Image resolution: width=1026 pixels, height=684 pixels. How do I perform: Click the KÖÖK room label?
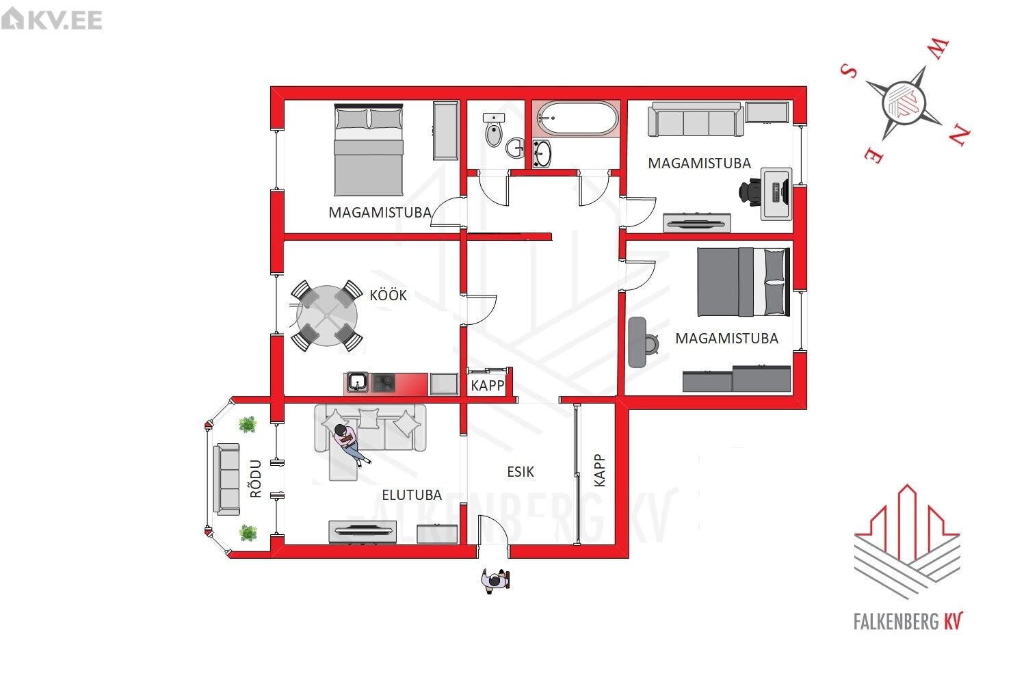[388, 295]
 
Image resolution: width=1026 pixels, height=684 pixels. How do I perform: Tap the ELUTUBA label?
[412, 495]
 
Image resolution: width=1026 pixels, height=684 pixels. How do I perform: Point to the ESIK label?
[521, 471]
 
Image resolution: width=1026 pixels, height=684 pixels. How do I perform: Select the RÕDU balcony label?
[256, 479]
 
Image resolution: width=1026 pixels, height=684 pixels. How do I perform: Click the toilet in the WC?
[494, 130]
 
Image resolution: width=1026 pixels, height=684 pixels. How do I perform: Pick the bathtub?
[577, 118]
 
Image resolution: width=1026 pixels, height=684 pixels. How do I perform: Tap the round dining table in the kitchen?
[326, 315]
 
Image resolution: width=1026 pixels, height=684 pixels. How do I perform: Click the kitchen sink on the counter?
[357, 382]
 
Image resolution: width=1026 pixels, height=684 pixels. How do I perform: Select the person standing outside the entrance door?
[495, 581]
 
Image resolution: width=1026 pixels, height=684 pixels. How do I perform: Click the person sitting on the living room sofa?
[350, 443]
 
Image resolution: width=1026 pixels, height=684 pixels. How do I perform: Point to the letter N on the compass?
[959, 135]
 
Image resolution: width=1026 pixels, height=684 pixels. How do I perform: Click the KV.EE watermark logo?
[52, 19]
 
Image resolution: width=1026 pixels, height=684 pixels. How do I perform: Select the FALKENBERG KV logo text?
[908, 621]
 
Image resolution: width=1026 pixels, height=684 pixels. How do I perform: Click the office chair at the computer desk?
[750, 192]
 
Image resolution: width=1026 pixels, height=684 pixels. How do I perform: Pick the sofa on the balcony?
[226, 479]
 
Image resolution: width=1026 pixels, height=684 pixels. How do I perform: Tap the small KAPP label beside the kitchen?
[487, 385]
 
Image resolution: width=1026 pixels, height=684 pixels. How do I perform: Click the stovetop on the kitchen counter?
[383, 383]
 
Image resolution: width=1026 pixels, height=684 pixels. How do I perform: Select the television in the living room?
[363, 532]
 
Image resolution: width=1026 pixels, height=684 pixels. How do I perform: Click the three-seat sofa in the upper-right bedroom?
[696, 120]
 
